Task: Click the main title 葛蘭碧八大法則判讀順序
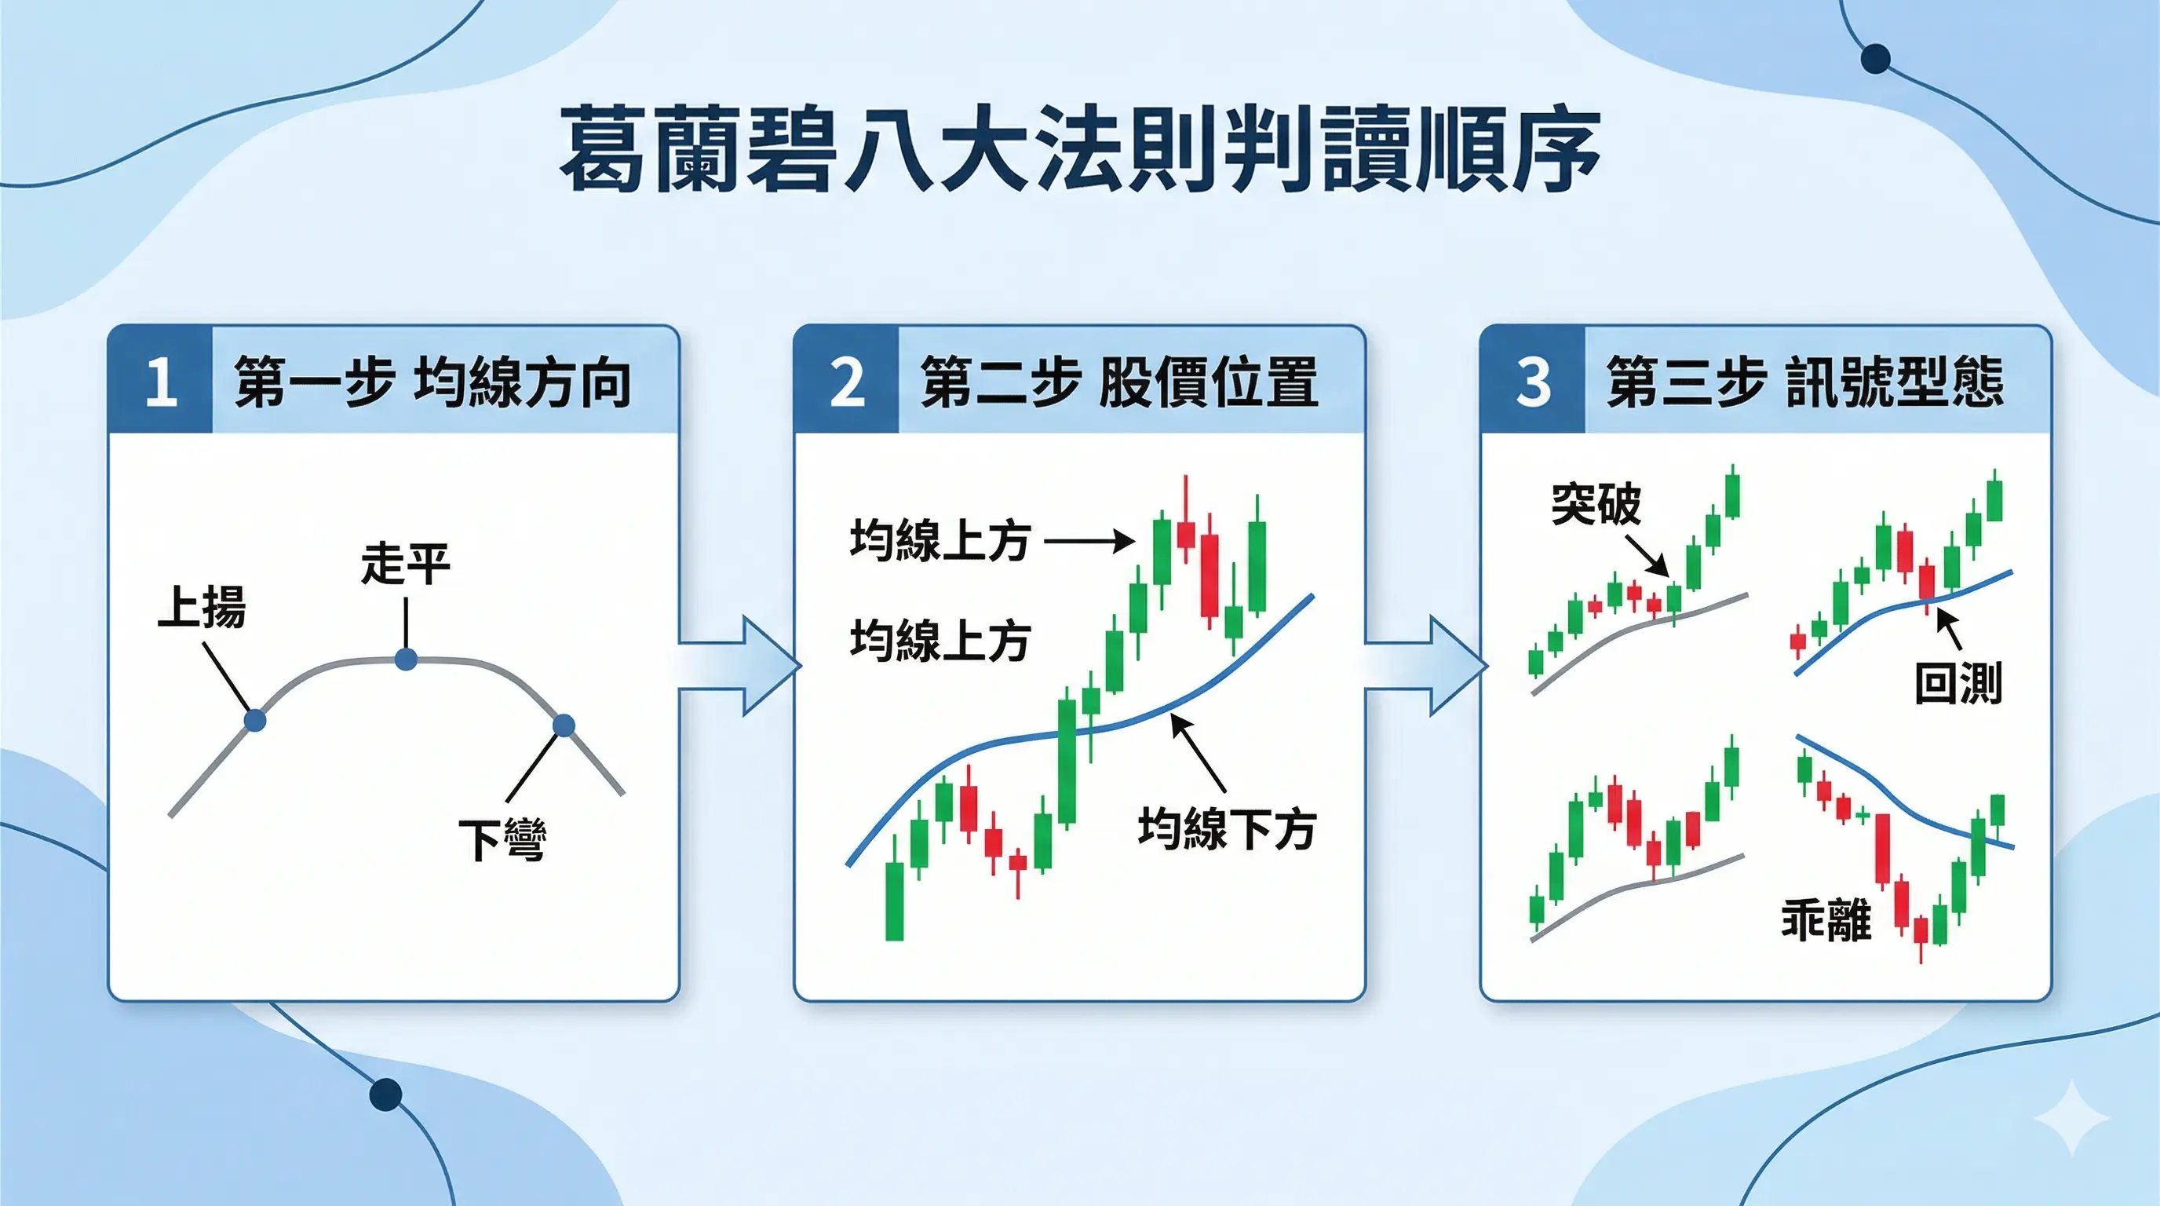click(1080, 149)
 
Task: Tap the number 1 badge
click(160, 382)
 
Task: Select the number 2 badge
click(847, 382)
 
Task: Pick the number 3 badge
click(1533, 382)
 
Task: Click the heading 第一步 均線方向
click(432, 382)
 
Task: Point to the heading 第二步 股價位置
click(1119, 382)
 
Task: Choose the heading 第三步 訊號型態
click(1805, 382)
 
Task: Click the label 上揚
click(202, 606)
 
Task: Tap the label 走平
click(406, 563)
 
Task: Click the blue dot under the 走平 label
click(406, 660)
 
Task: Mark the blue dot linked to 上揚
click(255, 719)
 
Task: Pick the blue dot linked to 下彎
click(564, 725)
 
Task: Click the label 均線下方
click(1227, 828)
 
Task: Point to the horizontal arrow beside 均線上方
click(1089, 540)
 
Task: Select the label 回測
click(1959, 682)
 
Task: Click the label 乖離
click(1826, 919)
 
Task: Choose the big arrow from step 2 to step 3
click(1425, 666)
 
